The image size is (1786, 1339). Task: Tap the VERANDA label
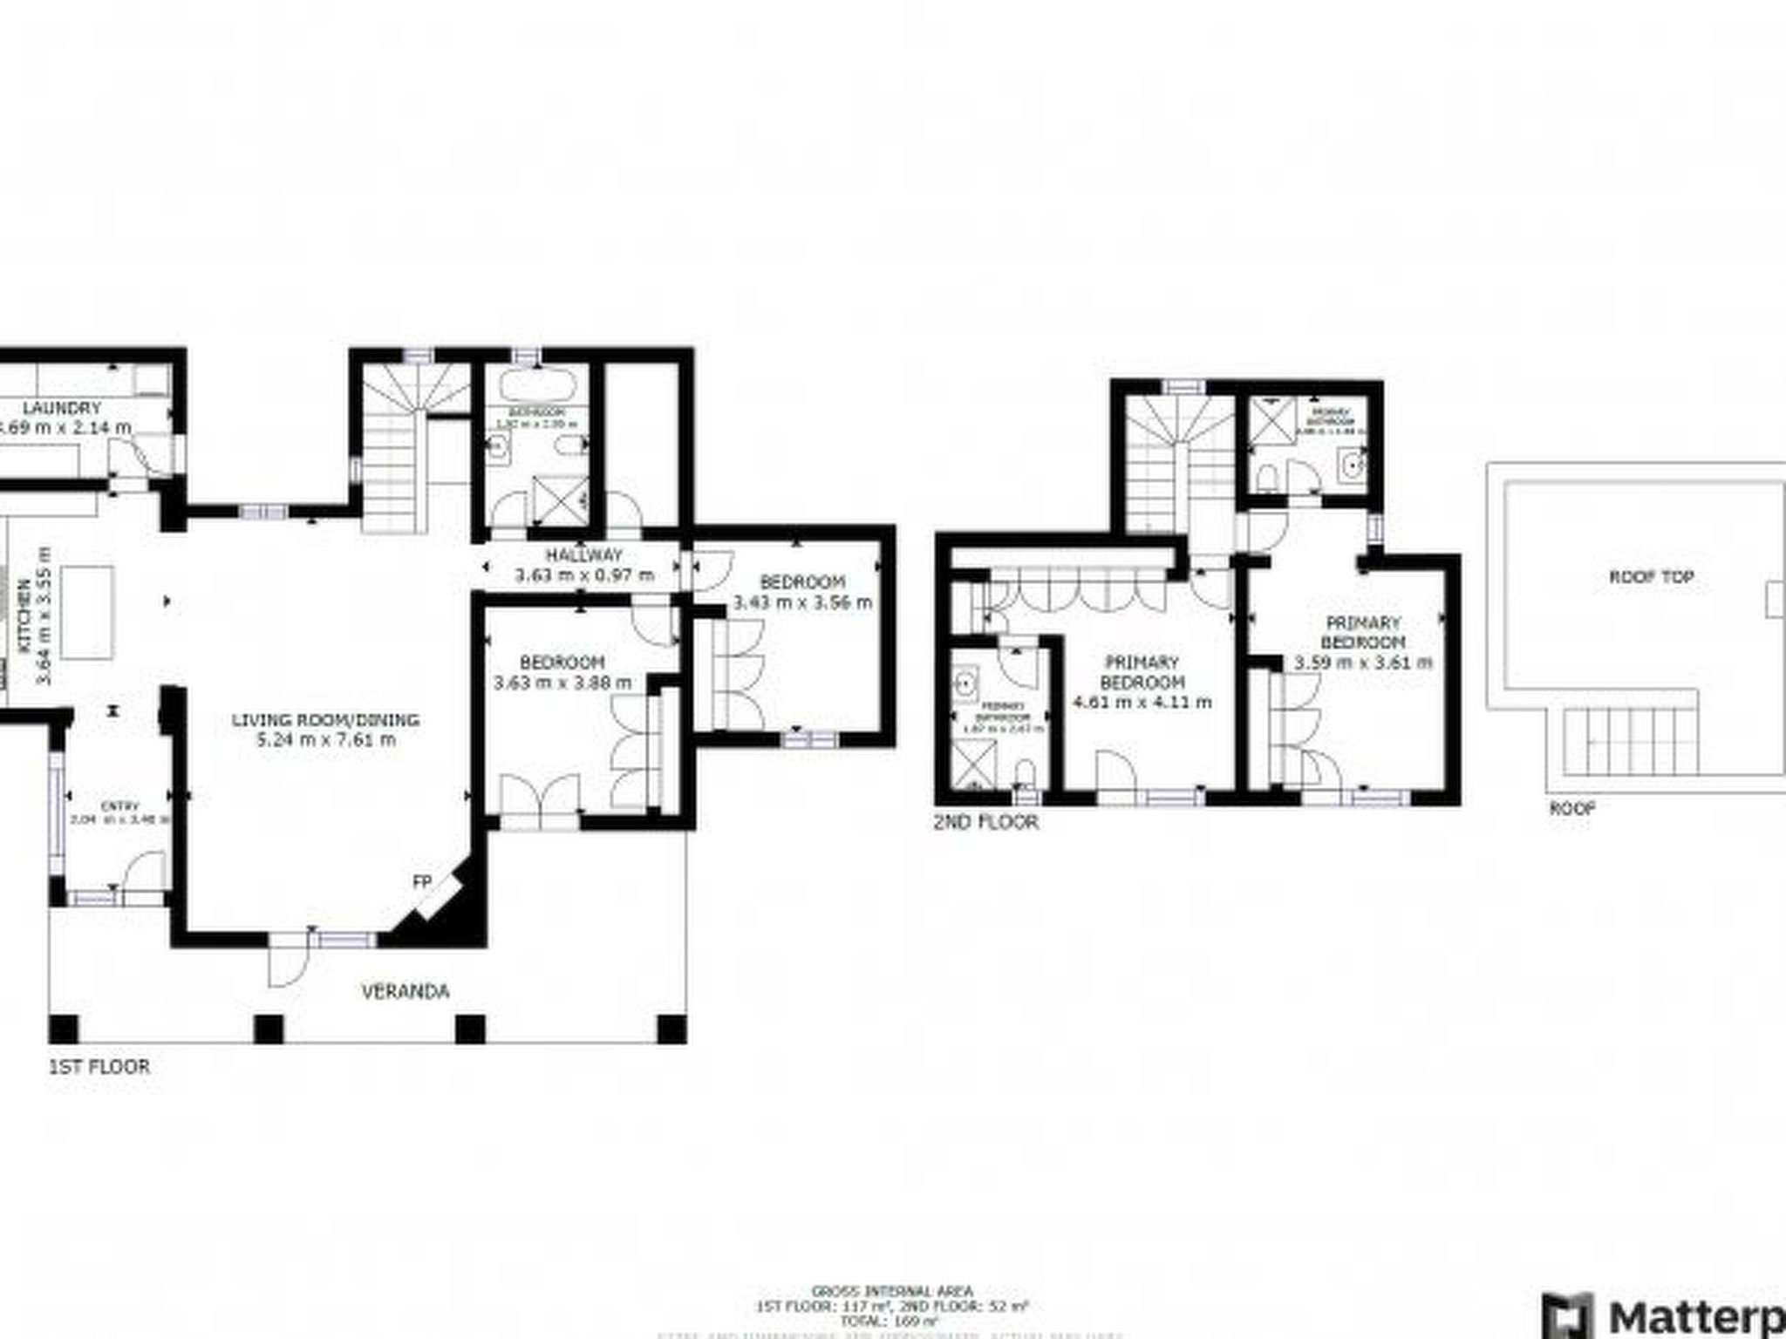406,991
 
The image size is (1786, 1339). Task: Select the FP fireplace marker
422,882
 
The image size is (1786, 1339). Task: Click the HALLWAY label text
584,555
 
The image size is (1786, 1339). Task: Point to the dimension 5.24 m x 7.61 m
326,740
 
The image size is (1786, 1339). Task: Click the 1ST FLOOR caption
99,1066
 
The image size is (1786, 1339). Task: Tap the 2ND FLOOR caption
985,822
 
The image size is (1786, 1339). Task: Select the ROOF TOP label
1651,577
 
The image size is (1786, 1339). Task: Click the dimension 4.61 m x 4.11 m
1142,702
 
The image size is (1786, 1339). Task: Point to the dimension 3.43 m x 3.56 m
802,602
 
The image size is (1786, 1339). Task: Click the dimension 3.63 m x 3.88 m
562,683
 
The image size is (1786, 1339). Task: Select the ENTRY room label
119,806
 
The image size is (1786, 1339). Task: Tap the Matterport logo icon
1567,1319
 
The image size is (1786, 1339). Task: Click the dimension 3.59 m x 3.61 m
1362,663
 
